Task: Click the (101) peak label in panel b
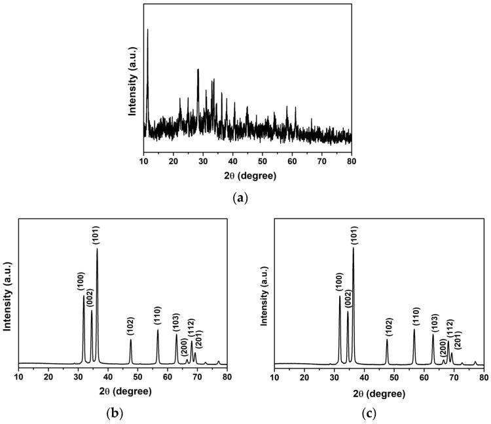click(97, 234)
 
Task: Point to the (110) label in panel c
click(414, 316)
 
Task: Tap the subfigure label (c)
click(378, 414)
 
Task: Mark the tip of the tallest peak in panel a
click(148, 29)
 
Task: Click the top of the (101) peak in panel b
click(98, 249)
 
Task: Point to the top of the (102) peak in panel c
click(387, 339)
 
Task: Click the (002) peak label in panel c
click(348, 298)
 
